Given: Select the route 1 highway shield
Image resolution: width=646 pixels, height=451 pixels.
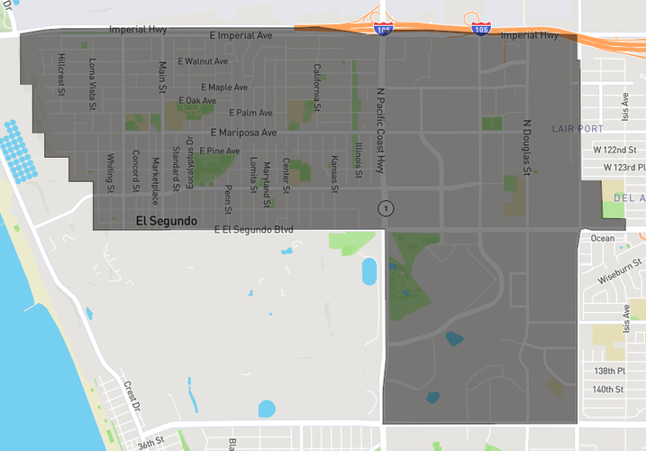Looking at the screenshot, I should [x=387, y=209].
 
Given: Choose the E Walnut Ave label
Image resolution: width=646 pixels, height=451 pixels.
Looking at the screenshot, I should [x=203, y=61].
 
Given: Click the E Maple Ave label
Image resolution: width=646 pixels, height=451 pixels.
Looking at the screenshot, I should [x=224, y=87].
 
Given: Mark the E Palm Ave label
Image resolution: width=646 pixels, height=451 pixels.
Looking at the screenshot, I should [x=250, y=113].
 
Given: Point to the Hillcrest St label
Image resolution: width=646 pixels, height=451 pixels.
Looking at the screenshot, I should [x=61, y=71].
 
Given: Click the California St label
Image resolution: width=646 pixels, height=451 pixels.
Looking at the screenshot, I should [x=316, y=82].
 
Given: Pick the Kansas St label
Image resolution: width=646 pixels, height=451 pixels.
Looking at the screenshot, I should [x=334, y=174].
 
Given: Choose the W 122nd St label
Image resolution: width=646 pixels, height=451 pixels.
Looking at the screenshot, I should [x=614, y=149].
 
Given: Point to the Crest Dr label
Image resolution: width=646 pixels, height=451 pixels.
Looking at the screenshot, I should [x=133, y=396].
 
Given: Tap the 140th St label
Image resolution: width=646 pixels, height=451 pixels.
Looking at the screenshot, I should [x=608, y=390].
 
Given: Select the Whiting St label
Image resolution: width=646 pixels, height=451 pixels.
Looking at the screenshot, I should [x=110, y=173].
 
